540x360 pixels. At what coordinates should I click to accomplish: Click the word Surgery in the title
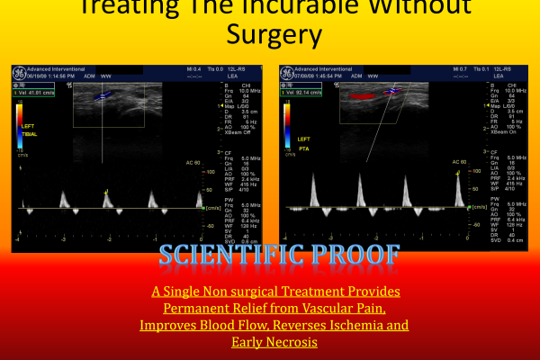[269, 36]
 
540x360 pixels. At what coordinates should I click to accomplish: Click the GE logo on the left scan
[17, 72]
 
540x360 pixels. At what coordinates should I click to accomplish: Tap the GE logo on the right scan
[287, 72]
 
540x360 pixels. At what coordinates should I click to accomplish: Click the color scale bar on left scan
[20, 126]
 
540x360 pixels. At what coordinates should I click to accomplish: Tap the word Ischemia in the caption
[356, 325]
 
